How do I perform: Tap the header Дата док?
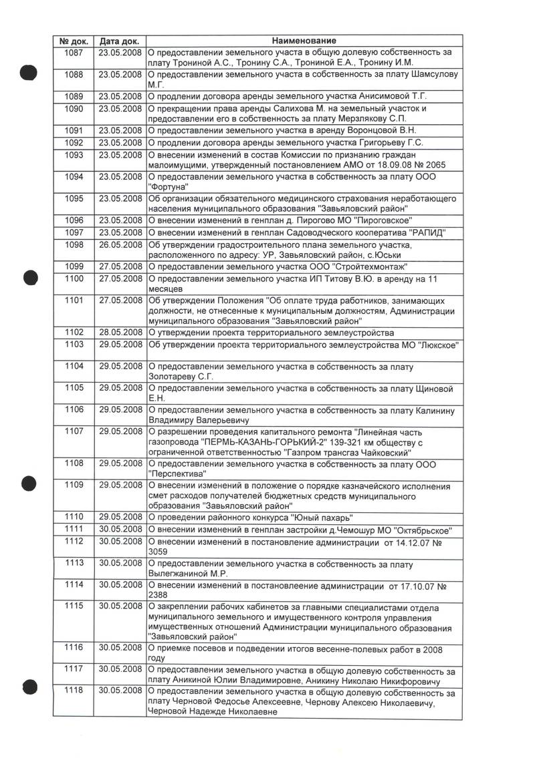point(120,41)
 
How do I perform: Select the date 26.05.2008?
point(120,245)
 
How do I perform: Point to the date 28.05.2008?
point(120,333)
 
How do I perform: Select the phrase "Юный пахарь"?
point(322,518)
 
